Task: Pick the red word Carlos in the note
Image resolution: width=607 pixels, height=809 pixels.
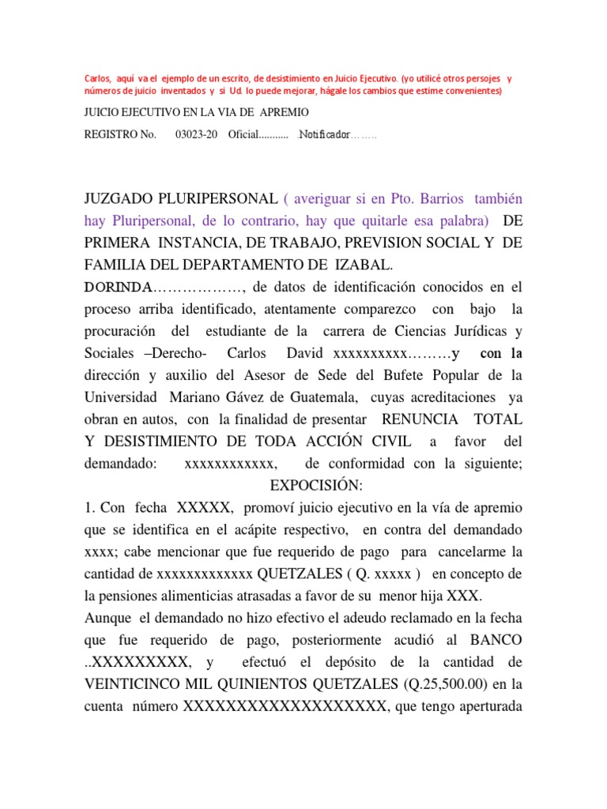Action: coord(98,79)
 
